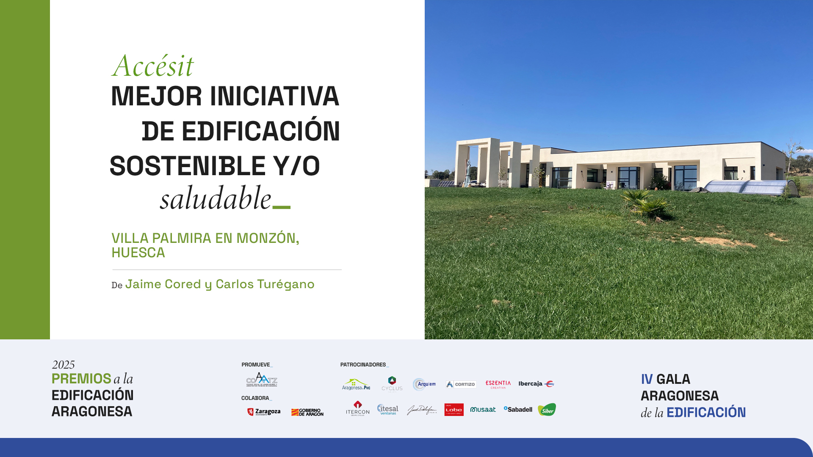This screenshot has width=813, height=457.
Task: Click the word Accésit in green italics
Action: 153,66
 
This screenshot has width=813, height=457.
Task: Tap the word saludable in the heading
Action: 216,198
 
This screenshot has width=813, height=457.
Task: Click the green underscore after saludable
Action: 281,207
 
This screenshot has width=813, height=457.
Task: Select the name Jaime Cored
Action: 163,284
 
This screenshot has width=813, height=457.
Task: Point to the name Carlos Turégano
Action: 265,284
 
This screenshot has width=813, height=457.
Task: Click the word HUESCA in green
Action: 138,253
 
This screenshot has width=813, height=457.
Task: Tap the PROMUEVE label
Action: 256,364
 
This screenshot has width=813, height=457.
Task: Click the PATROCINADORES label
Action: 363,364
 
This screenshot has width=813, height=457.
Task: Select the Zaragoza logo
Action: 264,412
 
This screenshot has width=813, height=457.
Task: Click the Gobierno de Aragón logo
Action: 307,412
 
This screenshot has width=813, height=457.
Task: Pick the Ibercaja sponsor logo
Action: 536,384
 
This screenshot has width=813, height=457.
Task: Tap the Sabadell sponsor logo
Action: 518,409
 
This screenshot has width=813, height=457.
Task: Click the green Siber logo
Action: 547,410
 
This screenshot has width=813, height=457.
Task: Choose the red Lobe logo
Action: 454,410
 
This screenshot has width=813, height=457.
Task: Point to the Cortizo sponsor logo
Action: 461,384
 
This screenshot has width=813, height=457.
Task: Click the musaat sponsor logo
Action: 483,409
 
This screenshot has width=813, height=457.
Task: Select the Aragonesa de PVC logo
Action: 356,384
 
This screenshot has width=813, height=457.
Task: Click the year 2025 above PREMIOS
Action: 63,365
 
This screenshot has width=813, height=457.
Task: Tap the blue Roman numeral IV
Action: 647,379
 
